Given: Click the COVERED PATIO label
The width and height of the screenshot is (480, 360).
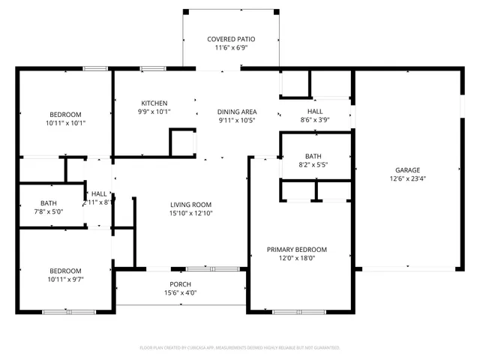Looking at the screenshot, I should click(x=231, y=38).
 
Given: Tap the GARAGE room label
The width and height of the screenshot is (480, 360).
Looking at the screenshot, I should click(x=404, y=170).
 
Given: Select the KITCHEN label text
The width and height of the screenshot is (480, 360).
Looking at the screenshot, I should click(x=154, y=103).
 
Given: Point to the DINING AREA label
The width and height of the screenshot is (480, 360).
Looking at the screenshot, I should click(x=237, y=111).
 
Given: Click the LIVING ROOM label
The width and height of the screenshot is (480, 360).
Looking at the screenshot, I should click(x=190, y=204).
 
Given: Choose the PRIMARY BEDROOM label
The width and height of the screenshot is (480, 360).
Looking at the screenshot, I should click(x=297, y=249).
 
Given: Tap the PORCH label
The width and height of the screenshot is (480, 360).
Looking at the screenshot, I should click(x=180, y=284).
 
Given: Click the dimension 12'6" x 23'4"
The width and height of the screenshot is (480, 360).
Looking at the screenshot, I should click(x=404, y=179).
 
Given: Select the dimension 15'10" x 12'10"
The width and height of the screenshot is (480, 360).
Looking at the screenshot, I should click(x=190, y=213).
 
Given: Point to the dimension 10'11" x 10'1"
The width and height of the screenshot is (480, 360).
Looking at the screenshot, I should click(x=65, y=123).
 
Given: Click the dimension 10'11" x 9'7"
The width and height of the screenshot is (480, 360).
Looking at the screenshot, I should click(x=65, y=280).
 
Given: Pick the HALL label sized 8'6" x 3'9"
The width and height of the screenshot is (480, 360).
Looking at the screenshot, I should click(x=315, y=109).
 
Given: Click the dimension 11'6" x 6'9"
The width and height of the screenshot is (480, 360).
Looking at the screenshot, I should click(x=231, y=47).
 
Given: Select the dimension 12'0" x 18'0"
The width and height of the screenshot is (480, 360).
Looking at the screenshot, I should click(x=297, y=258).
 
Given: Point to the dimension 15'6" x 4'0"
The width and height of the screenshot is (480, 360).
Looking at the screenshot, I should click(x=180, y=293).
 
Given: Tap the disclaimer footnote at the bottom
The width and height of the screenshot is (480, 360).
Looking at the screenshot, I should click(x=240, y=347).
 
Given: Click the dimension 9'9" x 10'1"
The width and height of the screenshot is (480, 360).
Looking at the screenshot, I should click(x=154, y=112).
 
